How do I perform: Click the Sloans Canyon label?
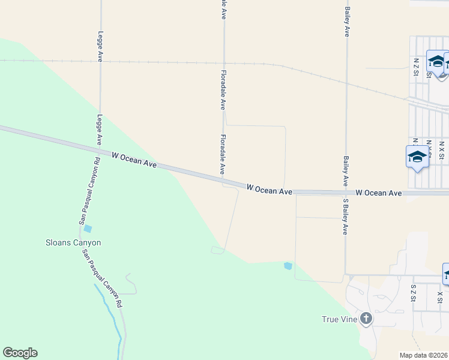click(x=74, y=243)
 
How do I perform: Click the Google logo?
click(x=20, y=353)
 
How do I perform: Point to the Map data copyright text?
click(x=424, y=355)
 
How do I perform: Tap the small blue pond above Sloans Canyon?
click(x=88, y=229)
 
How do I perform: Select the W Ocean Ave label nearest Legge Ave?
click(x=134, y=159)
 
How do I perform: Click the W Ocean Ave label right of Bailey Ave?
click(x=378, y=193)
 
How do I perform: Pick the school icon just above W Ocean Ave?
click(x=417, y=157)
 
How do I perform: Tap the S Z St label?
click(x=413, y=293)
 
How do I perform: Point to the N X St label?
click(x=441, y=150)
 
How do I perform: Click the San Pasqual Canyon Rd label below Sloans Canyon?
click(x=102, y=278)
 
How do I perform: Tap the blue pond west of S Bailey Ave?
click(x=288, y=266)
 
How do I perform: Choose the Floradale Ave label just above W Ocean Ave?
click(x=223, y=155)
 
